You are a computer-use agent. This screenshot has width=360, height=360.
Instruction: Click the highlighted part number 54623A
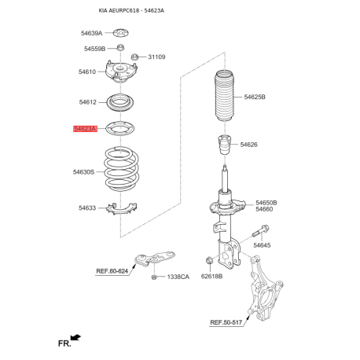coord(85,129)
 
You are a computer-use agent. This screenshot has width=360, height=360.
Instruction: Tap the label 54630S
coord(83,172)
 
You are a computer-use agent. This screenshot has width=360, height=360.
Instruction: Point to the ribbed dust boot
coord(224,96)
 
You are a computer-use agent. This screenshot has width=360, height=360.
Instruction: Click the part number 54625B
coord(255,97)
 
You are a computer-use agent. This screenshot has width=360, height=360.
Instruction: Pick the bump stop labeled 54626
coord(225,145)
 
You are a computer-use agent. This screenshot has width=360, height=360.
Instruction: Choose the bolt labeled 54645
coord(261,230)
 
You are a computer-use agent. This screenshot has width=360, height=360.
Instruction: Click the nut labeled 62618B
coord(209,261)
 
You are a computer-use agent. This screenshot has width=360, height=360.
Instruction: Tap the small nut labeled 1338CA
coord(154,277)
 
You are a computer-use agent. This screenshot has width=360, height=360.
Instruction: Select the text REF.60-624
coord(112,271)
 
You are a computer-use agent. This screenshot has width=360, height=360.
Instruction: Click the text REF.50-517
coord(226,322)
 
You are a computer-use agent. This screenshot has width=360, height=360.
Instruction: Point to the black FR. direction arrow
coord(75,337)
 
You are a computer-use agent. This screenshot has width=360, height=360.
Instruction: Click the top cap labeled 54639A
coord(120,33)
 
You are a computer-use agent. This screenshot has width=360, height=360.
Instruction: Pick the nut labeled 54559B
coord(120,48)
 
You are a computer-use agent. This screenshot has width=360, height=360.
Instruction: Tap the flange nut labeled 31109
coord(134,57)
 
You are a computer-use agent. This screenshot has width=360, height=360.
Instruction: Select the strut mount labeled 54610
coord(121,72)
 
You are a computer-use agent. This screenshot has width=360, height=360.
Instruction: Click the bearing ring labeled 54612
coord(120,102)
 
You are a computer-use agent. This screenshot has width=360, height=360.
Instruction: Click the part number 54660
coord(264,209)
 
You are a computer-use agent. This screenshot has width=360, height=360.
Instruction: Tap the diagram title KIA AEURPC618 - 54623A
coord(131,10)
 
